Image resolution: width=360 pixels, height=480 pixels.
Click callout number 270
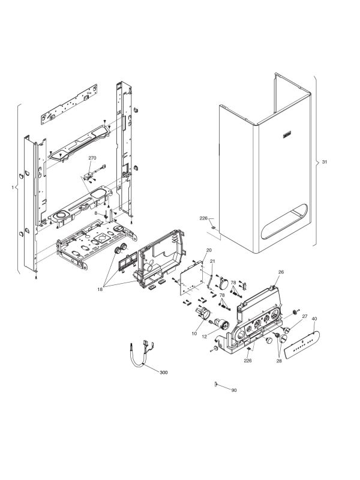92,157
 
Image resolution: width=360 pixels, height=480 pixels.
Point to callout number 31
325,162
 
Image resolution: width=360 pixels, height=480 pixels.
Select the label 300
164,373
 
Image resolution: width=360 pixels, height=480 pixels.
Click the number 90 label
234,391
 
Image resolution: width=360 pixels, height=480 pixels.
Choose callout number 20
209,250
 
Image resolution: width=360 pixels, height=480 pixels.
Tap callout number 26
280,272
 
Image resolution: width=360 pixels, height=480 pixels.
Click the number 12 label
194,333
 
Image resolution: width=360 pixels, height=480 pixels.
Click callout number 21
212,262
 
